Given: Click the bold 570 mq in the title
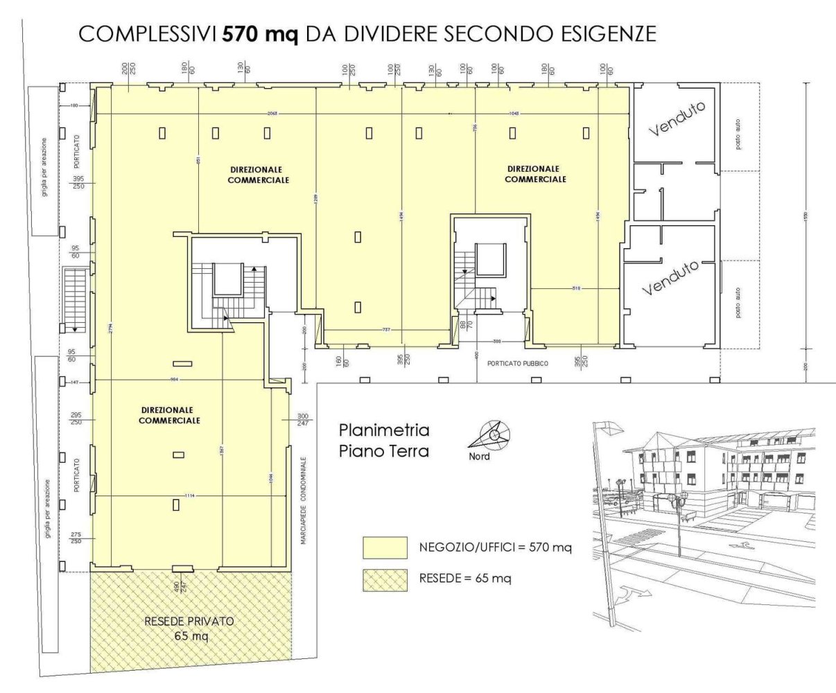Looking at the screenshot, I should (260, 34).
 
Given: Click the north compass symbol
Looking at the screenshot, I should (493, 435).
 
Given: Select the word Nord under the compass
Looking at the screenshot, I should (479, 457).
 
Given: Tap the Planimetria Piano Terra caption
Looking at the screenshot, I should (384, 441).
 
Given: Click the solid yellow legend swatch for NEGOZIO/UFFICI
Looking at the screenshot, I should (385, 547).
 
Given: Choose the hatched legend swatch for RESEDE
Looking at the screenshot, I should (385, 579).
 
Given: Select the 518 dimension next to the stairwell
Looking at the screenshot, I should (576, 287).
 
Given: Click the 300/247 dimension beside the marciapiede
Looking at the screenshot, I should (293, 419).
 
